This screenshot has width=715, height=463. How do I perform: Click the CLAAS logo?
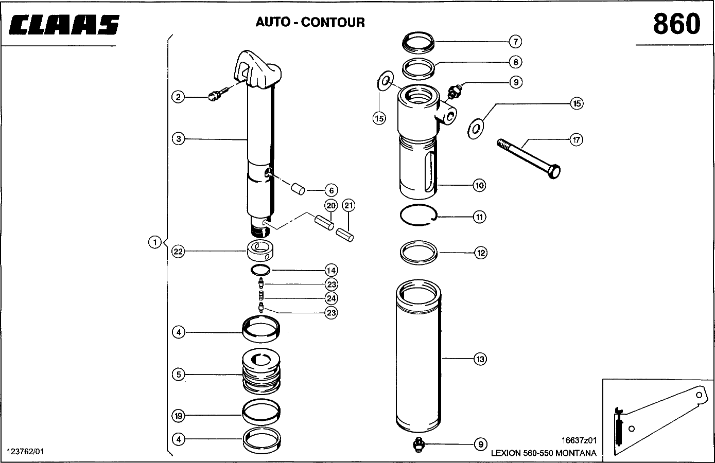[x=64, y=25]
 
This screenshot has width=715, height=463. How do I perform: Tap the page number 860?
[x=677, y=24]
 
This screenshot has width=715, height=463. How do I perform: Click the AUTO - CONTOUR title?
[x=310, y=22]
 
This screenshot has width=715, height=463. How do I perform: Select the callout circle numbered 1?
[x=155, y=242]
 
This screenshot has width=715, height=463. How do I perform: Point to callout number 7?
[x=515, y=42]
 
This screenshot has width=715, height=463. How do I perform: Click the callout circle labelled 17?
[x=576, y=140]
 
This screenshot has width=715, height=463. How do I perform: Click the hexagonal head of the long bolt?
[x=554, y=171]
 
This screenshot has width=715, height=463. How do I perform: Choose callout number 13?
[x=480, y=359]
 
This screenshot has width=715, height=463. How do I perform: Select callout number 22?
[x=178, y=252]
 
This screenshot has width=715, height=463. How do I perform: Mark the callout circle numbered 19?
[x=178, y=416]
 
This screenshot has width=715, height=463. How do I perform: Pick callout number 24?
[x=331, y=299]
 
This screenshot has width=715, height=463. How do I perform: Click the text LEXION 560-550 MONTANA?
[x=544, y=453]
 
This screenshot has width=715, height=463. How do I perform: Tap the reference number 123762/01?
[x=25, y=452]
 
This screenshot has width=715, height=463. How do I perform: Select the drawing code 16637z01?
[x=579, y=441]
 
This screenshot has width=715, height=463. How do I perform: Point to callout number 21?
[x=348, y=205]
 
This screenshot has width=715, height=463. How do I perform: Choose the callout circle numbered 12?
[x=481, y=253]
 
